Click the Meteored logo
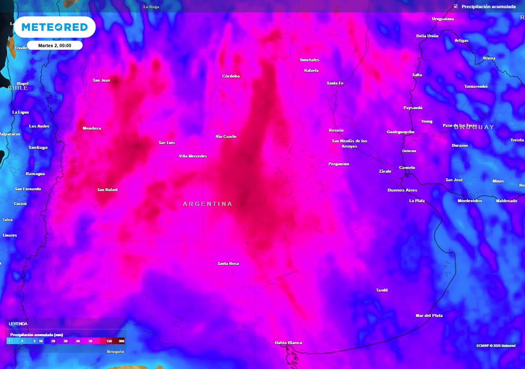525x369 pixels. tap(54, 27)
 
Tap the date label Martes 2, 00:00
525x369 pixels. tap(54, 46)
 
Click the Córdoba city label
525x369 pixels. tap(231, 76)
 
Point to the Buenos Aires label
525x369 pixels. tap(402, 190)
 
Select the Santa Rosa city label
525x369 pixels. tap(228, 263)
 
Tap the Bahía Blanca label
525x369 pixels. tap(288, 342)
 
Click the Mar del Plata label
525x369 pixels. tap(429, 316)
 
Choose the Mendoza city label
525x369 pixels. tap(92, 128)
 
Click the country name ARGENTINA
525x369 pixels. tap(208, 204)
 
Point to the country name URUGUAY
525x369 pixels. tap(474, 127)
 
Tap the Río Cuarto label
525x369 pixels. tap(226, 136)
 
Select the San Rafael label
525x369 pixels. tap(107, 190)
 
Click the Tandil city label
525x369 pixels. tap(382, 291)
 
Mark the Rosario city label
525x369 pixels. tap(336, 130)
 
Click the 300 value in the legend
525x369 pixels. tap(122, 341)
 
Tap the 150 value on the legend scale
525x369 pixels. tap(109, 341)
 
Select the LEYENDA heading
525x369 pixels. tap(18, 324)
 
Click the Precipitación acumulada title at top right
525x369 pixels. tap(488, 7)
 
